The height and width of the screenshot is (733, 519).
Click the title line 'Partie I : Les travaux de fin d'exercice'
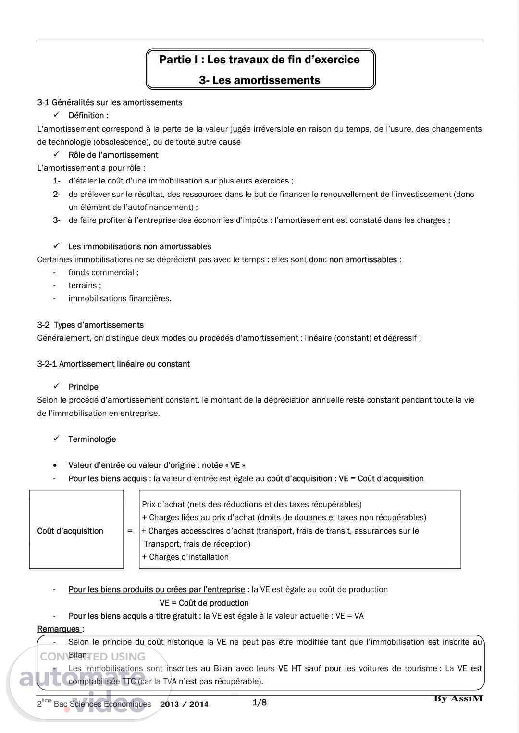click(x=259, y=60)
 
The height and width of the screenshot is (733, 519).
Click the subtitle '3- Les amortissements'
click(x=259, y=80)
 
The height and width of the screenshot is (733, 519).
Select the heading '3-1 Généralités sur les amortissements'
click(x=110, y=102)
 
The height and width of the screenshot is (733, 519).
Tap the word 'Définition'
click(x=87, y=115)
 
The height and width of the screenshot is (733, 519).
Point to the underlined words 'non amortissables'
click(x=363, y=259)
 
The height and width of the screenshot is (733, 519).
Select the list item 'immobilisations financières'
click(x=119, y=298)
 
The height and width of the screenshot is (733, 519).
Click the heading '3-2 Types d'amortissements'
click(x=90, y=325)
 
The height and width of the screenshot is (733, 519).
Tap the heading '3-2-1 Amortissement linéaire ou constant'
click(x=113, y=364)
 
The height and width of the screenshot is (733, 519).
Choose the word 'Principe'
click(x=83, y=387)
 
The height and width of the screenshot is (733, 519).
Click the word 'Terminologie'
click(x=92, y=439)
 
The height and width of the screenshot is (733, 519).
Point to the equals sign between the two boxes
click(x=130, y=531)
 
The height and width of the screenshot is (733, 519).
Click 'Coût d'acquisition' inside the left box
click(x=70, y=531)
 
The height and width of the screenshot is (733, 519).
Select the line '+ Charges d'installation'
click(x=185, y=557)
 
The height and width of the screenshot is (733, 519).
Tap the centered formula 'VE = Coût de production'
click(x=204, y=603)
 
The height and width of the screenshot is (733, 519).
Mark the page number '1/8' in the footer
click(x=259, y=703)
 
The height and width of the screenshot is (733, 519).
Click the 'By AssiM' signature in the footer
click(x=458, y=698)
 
